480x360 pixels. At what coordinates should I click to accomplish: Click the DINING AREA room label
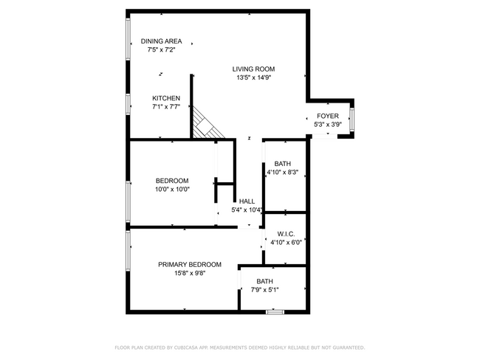point(161,41)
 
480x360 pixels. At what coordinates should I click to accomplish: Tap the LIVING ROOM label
point(254,69)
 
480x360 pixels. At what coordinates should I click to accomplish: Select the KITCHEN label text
point(166,98)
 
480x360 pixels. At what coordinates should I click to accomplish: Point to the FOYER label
point(328,117)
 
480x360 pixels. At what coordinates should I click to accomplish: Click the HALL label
point(247,201)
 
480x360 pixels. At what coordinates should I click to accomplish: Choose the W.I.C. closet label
point(287,233)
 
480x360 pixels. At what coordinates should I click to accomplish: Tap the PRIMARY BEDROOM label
point(190,264)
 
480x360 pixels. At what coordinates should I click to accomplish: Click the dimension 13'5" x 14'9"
point(254,77)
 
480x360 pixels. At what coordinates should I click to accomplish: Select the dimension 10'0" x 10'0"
point(172,189)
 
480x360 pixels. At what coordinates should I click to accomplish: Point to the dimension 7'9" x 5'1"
point(264,289)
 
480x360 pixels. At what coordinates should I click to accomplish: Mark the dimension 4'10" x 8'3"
point(282,173)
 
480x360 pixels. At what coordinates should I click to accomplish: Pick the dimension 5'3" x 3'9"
point(328,125)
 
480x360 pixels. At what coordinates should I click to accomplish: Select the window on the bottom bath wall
point(275,312)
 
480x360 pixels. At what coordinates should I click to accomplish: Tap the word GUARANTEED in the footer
point(346,347)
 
